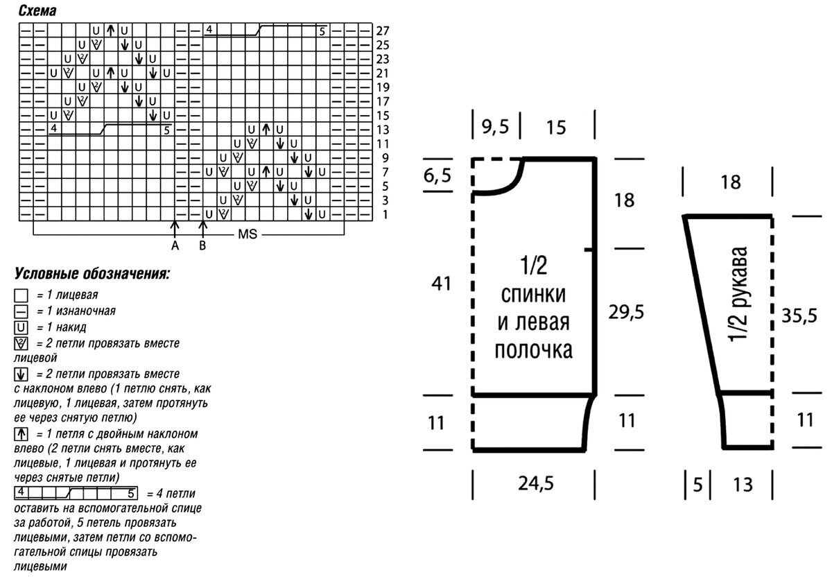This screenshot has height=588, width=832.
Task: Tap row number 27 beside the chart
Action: (x=383, y=31)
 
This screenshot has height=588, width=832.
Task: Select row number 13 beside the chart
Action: (x=383, y=130)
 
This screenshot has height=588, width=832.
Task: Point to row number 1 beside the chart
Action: (x=386, y=214)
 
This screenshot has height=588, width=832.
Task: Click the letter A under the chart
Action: (x=175, y=245)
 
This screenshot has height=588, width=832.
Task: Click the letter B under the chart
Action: (x=203, y=245)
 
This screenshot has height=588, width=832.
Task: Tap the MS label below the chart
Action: (x=248, y=234)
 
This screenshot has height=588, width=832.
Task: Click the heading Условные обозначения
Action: (x=92, y=273)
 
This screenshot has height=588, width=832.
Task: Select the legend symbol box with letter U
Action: (x=21, y=327)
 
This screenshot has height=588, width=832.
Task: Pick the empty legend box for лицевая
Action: (x=21, y=295)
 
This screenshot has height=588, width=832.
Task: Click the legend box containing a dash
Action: (x=21, y=311)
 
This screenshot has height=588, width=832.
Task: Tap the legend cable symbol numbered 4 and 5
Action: (x=76, y=494)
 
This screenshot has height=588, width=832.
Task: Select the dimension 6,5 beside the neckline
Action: (x=437, y=175)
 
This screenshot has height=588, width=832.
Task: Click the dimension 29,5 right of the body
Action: (x=625, y=311)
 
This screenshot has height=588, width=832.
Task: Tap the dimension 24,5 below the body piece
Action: (x=535, y=483)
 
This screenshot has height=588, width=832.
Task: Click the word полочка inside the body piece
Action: (x=533, y=350)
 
